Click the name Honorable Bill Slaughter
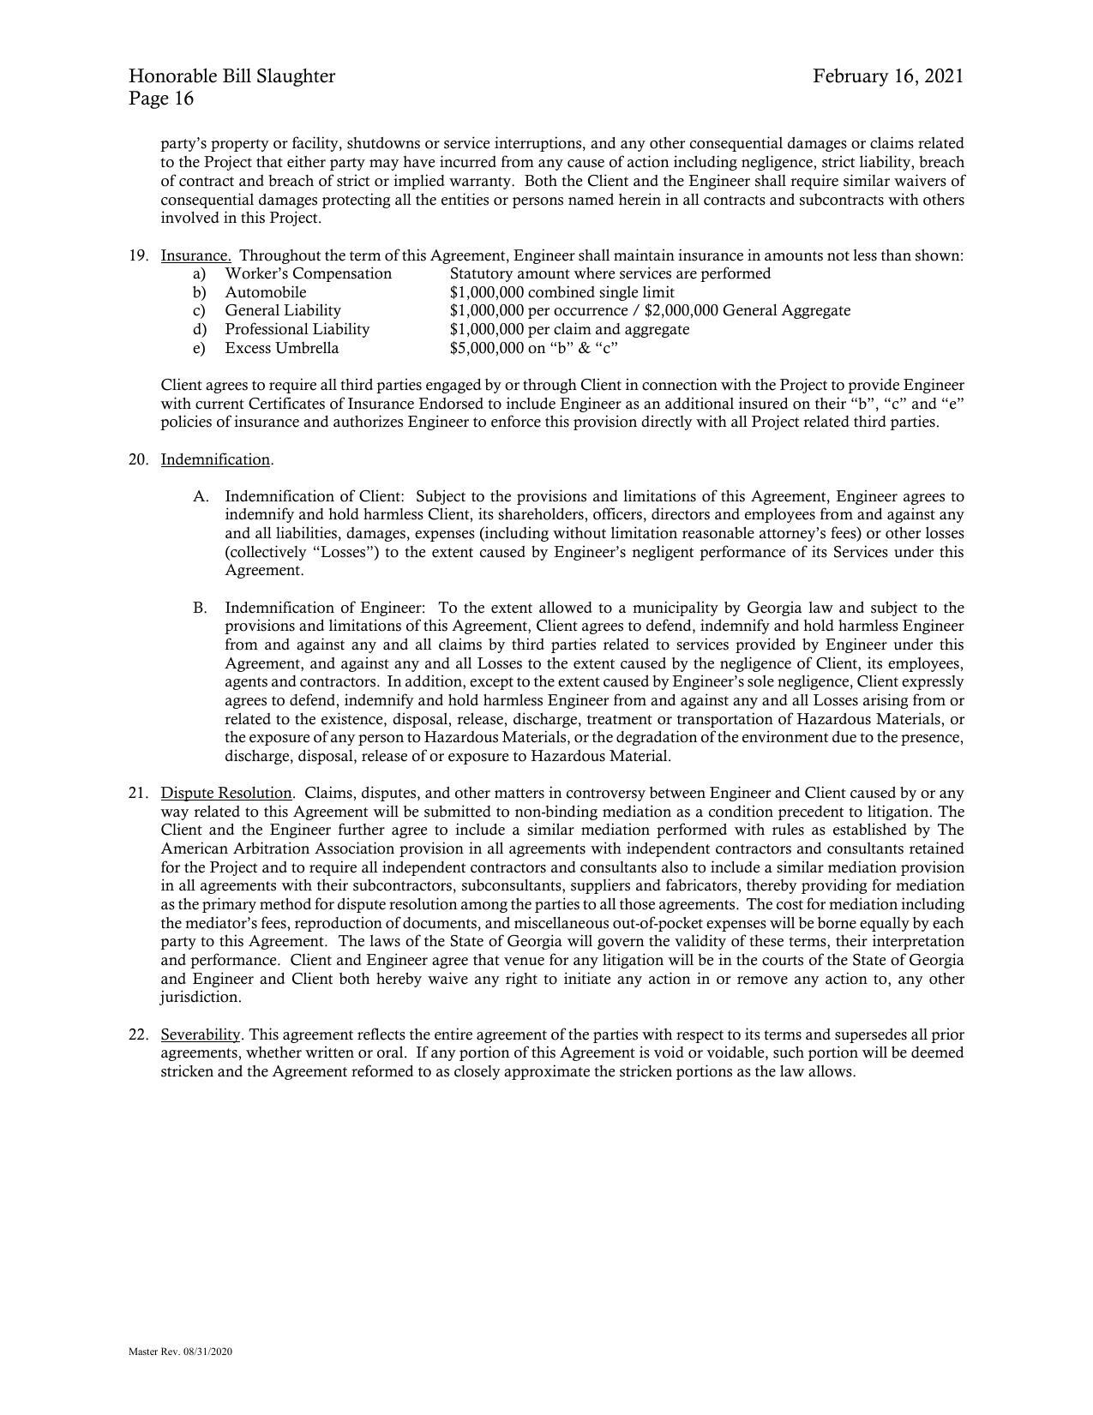[x=231, y=76]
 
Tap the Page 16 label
[x=161, y=99]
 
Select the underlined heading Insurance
[x=195, y=255]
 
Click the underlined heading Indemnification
[x=215, y=459]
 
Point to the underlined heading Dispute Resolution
[x=226, y=793]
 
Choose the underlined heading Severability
[x=201, y=1034]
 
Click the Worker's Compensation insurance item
[x=308, y=273]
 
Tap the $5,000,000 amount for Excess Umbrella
[x=486, y=348]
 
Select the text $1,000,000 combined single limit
[x=562, y=292]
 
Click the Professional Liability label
[x=297, y=329]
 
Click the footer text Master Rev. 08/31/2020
[x=181, y=1352]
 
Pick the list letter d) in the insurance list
[x=200, y=329]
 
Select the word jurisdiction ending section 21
[x=200, y=998]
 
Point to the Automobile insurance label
[x=265, y=292]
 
